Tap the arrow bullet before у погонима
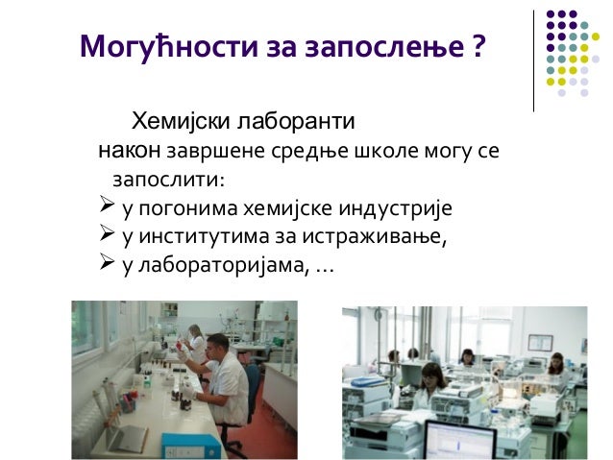click(108, 207)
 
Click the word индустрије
click(396, 208)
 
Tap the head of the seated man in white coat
click(217, 345)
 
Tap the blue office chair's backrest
click(253, 384)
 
